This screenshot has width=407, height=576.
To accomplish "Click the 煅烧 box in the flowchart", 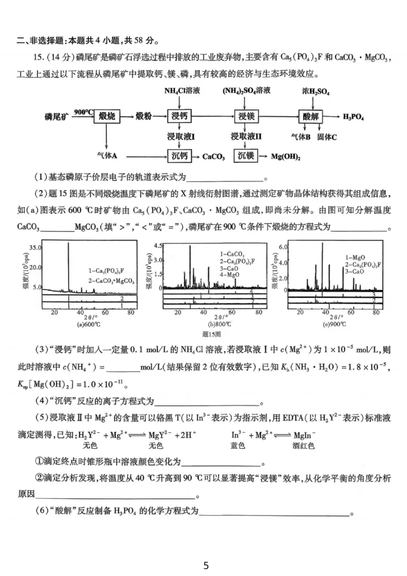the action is pyautogui.click(x=106, y=117).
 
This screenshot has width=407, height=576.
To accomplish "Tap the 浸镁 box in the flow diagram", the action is pyautogui.click(x=246, y=117).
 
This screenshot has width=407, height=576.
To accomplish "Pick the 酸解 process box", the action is pyautogui.click(x=311, y=117).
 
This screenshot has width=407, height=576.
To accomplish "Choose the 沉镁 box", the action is pyautogui.click(x=246, y=156).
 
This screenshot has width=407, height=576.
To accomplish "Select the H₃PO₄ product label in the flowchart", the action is pyautogui.click(x=354, y=117).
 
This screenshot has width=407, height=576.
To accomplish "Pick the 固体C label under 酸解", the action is pyautogui.click(x=327, y=137).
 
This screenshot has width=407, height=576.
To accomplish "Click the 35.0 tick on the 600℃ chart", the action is pyautogui.click(x=35, y=247).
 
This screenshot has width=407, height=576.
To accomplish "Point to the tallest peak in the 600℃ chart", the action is pyautogui.click(x=69, y=244).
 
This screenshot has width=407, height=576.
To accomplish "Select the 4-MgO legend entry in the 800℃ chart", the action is pyautogui.click(x=230, y=275).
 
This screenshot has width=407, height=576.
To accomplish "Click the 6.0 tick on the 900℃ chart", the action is pyautogui.click(x=283, y=246).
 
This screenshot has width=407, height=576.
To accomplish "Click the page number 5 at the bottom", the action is pyautogui.click(x=206, y=565).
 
